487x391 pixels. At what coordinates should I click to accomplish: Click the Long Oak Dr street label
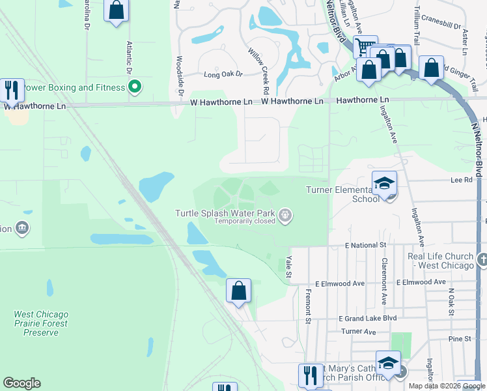222,75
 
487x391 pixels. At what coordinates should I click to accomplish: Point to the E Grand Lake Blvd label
367,318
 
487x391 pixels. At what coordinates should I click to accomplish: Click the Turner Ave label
359,332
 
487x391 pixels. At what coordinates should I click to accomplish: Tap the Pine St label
459,339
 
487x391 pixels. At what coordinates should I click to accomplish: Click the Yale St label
289,269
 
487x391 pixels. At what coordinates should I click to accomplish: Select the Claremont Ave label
384,282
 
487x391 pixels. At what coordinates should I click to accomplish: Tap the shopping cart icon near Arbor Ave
365,46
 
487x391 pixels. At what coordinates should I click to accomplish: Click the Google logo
21,383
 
